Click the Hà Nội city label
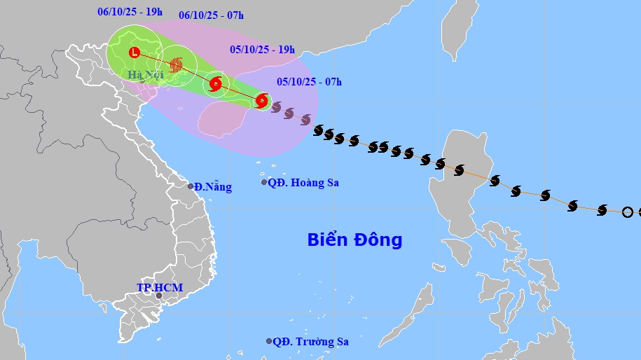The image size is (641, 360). point(146,74)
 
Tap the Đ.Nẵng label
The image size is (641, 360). point(213,186)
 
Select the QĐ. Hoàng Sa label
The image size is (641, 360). point(303,183)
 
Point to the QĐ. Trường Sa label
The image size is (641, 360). point(310,342)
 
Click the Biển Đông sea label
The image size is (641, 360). point(354,240)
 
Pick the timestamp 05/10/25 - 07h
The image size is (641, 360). point(309,82)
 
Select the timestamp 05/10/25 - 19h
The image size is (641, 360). point(262,50)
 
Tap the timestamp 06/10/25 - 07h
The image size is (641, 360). point(211,15)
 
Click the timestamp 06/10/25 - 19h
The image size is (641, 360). point(131,11)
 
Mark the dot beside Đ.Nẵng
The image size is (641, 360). point(191,186)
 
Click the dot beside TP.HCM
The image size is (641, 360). point(159,296)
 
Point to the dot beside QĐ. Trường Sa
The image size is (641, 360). point(269,341)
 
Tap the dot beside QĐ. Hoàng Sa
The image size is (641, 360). point(264,182)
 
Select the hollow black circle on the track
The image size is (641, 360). point(627,212)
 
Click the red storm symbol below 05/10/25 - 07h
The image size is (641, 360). point(261,101)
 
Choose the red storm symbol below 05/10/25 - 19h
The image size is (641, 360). point(216,85)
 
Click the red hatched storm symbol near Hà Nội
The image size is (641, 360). point(176,64)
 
